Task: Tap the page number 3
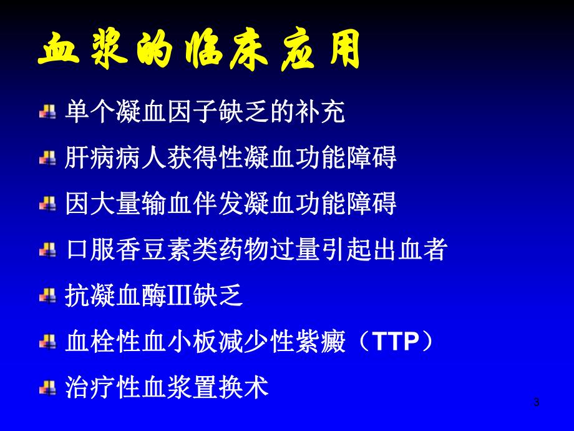(x=536, y=403)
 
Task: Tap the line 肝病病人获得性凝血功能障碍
(x=231, y=159)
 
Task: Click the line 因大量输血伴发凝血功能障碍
(x=231, y=205)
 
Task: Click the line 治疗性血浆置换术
(x=167, y=389)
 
